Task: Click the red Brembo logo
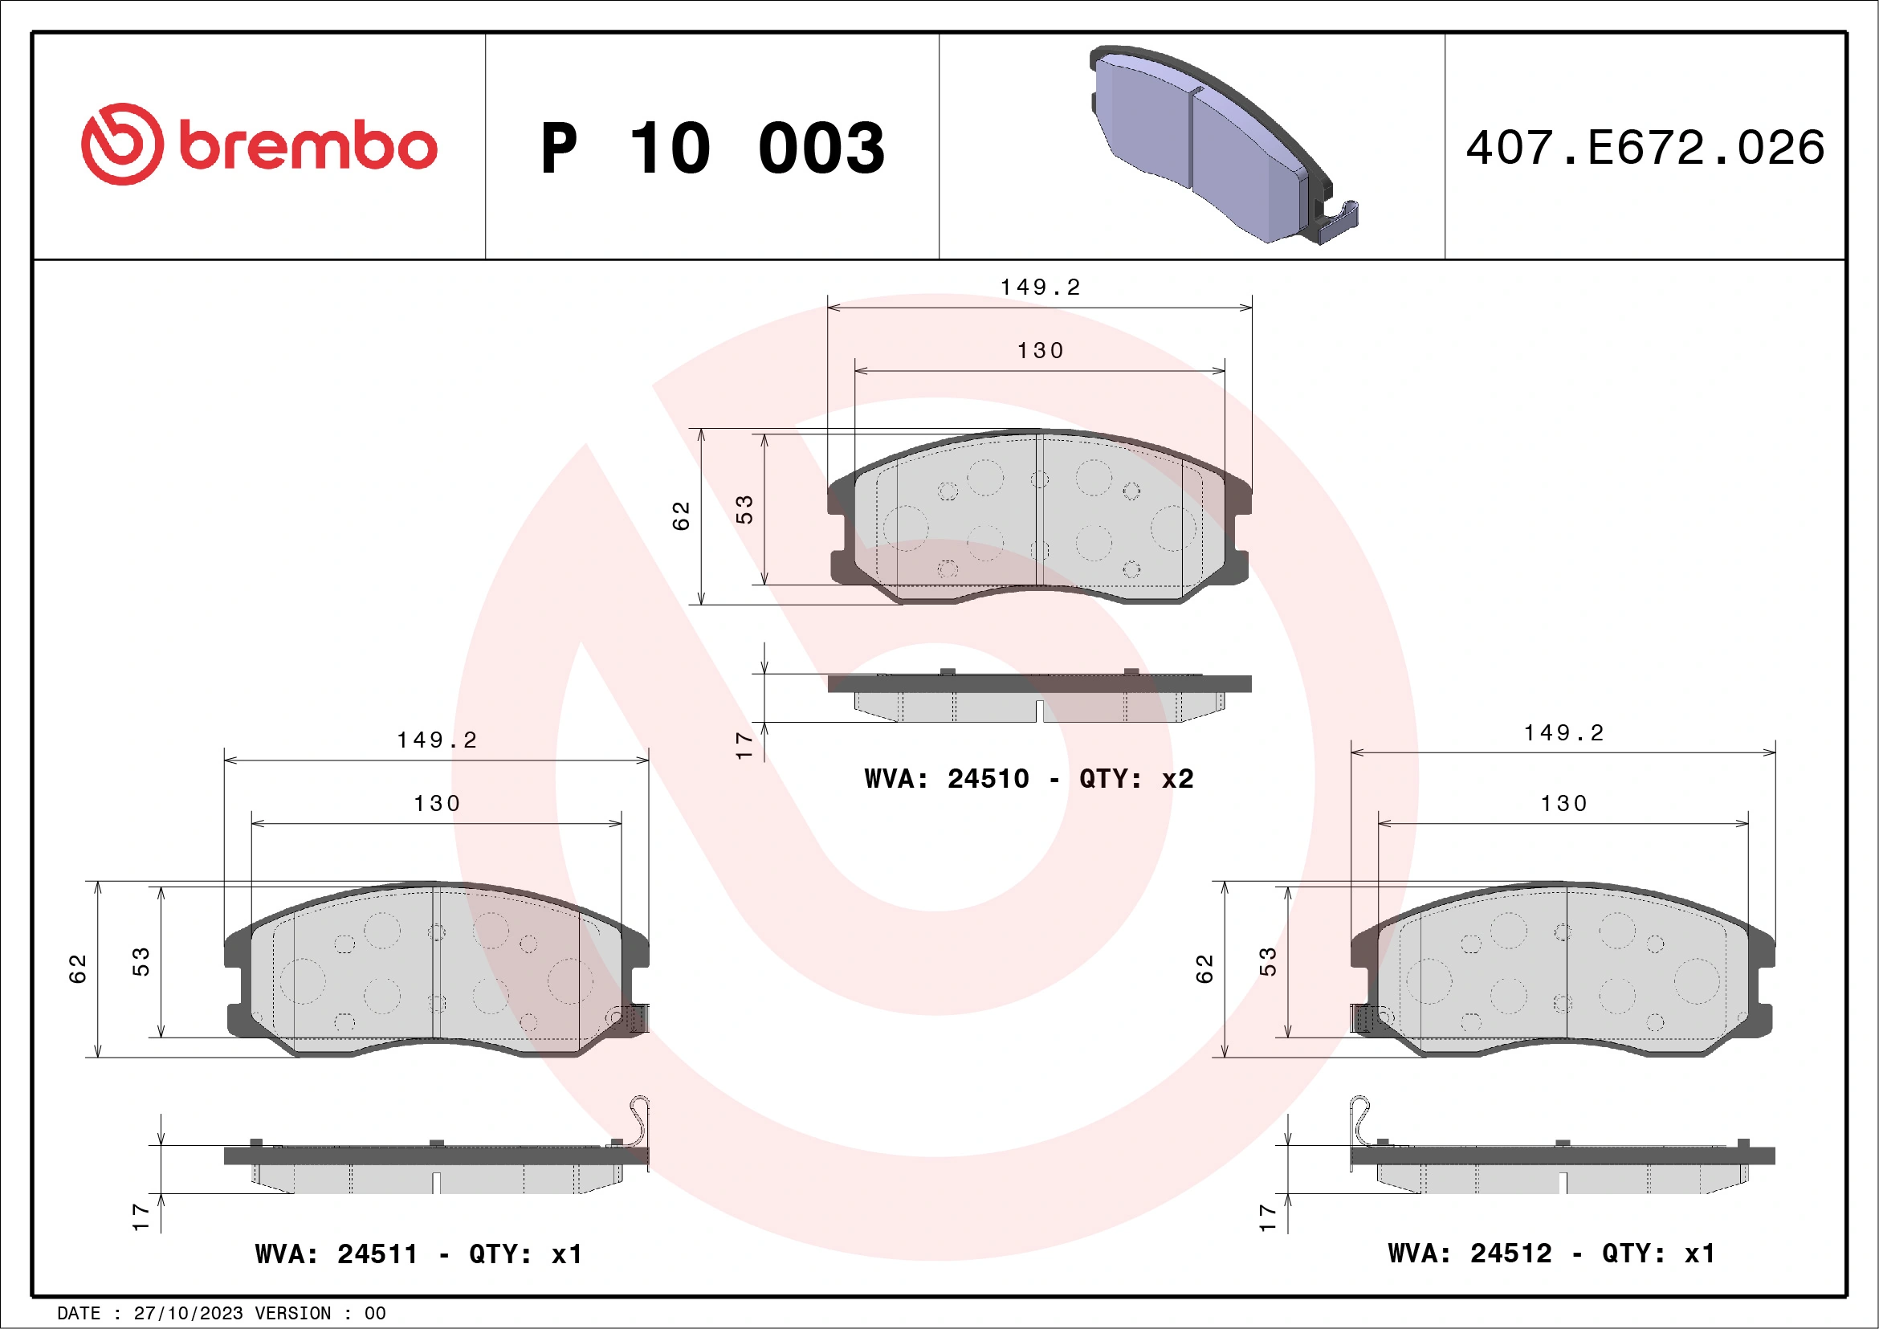click(x=259, y=145)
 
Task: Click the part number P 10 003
click(x=712, y=148)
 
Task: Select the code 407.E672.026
click(x=1645, y=147)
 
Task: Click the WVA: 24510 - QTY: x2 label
click(x=1029, y=778)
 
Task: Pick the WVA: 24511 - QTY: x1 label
click(x=418, y=1254)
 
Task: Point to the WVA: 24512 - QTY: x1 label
click(x=1551, y=1253)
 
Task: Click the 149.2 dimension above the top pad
click(x=1040, y=287)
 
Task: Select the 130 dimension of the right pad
click(x=1564, y=804)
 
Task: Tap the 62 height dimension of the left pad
click(x=78, y=968)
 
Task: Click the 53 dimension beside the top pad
click(x=744, y=509)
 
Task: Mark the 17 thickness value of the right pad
click(x=1267, y=1217)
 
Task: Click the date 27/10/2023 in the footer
click(x=188, y=1314)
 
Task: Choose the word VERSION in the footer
click(x=293, y=1314)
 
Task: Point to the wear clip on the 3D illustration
click(x=1338, y=221)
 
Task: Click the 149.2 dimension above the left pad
click(x=437, y=740)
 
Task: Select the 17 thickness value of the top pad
click(x=744, y=744)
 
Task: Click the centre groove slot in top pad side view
click(x=1039, y=711)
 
